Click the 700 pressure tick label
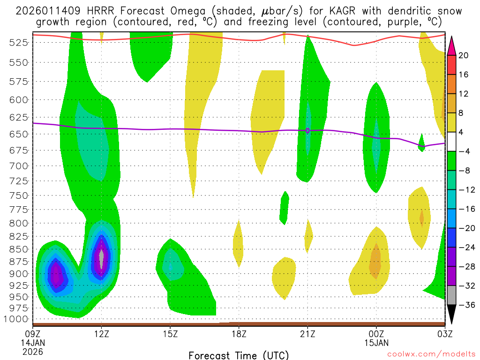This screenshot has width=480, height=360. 19,166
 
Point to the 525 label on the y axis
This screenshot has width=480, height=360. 19,43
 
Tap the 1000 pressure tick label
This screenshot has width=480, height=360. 16,319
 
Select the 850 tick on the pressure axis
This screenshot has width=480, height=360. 19,249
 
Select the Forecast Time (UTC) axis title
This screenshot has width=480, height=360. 239,355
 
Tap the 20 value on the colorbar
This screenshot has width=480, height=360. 464,56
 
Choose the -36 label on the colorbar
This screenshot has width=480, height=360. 465,305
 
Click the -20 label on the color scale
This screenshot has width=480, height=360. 465,228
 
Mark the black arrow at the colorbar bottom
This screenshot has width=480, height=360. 452,315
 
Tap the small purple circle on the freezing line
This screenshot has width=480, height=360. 307,130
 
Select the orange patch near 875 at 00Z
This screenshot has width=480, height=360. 375,262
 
